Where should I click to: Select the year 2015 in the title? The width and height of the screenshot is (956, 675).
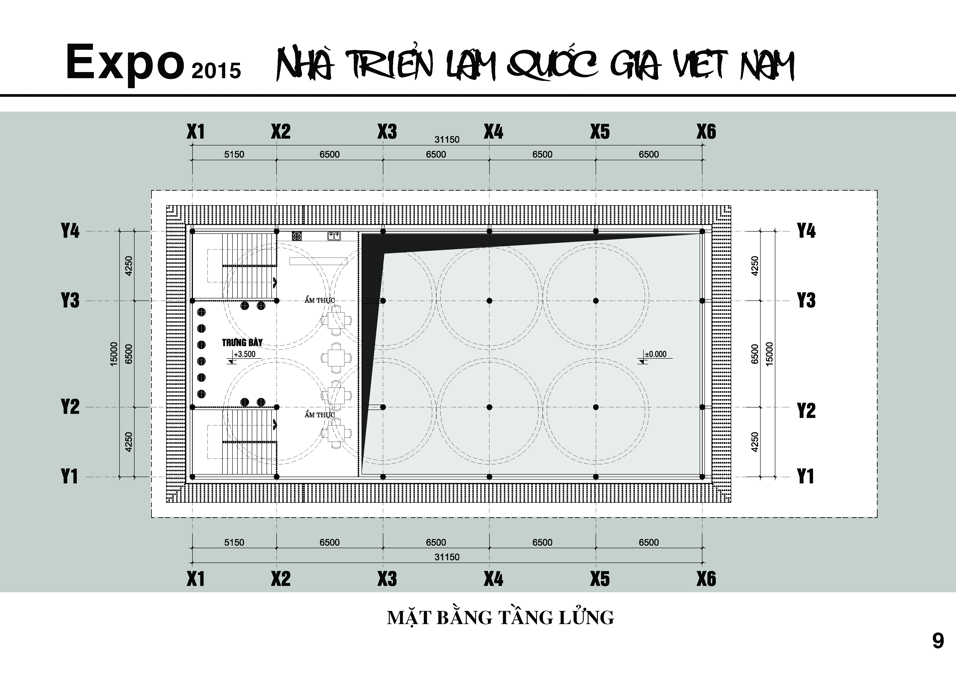[x=216, y=71]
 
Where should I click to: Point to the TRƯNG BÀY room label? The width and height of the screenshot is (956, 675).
[x=242, y=343]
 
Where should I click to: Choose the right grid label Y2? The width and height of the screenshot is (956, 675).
[x=806, y=411]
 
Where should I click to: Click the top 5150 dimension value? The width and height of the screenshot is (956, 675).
[x=234, y=155]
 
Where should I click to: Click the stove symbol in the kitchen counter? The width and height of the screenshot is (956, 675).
[x=297, y=236]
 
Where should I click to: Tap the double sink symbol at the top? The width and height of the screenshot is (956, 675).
[x=334, y=236]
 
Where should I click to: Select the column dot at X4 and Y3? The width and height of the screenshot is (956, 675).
[x=489, y=301]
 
